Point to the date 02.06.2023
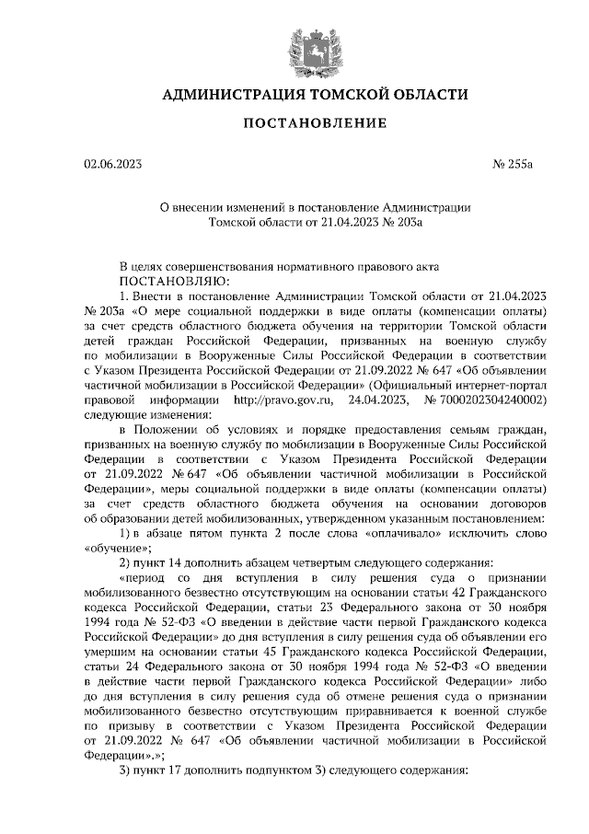pos(112,166)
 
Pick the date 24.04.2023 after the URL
pos(380,400)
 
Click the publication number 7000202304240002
pos(498,400)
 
